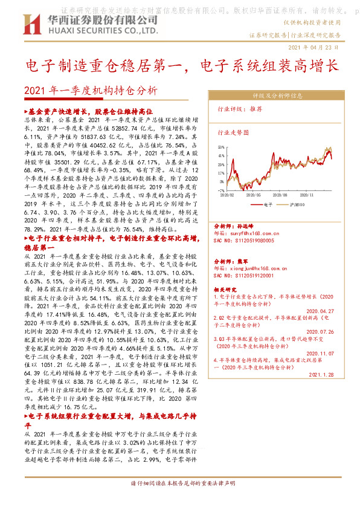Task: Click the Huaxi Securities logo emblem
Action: [x=31, y=25]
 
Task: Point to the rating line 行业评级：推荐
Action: [x=239, y=110]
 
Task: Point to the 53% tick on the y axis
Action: [x=221, y=147]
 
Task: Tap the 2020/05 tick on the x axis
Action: [x=254, y=195]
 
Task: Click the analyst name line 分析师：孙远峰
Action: [x=233, y=225]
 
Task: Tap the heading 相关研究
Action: [x=226, y=290]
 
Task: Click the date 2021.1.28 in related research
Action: [x=321, y=375]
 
